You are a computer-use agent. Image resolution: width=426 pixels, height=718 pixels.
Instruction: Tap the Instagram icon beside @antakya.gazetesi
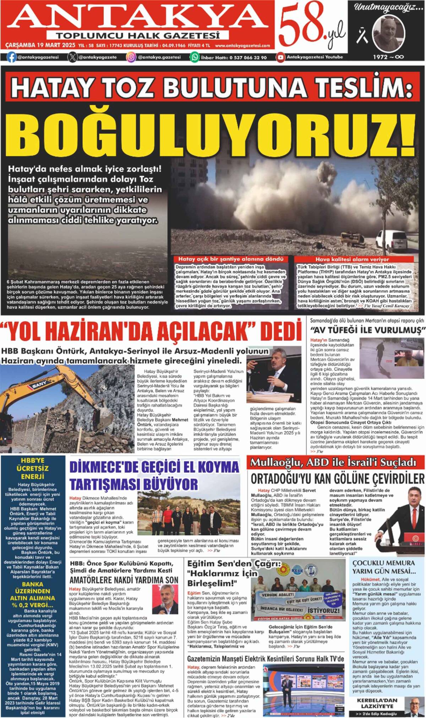[x=131, y=57]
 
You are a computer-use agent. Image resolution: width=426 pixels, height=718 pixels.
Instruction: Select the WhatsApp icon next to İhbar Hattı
[x=195, y=57]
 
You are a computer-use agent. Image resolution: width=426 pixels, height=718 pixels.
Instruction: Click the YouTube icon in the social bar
[x=281, y=57]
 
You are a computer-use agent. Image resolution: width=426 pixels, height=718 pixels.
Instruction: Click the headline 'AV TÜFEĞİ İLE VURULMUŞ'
[x=367, y=330]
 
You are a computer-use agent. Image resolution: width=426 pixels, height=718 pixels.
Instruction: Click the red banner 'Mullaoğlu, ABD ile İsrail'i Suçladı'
[x=333, y=462]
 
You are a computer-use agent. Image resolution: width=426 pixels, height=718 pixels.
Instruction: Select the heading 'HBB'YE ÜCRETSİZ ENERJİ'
[x=32, y=468]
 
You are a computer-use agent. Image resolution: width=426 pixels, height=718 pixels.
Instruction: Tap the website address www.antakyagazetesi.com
[x=242, y=45]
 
